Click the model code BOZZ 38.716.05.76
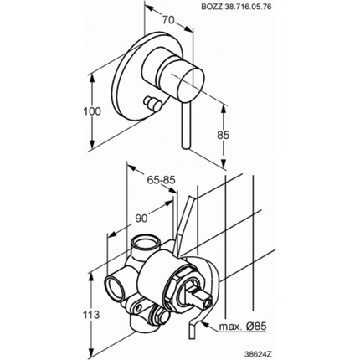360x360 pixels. [x=236, y=7]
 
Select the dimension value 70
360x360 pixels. [x=168, y=20]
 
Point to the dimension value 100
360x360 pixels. [x=92, y=111]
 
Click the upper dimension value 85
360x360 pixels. [x=223, y=135]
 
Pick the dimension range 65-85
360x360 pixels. [x=161, y=180]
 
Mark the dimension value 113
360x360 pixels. [x=91, y=315]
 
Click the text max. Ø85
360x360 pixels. [x=243, y=326]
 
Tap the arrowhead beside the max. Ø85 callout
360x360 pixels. [x=203, y=324]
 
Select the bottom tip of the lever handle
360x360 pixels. [x=186, y=147]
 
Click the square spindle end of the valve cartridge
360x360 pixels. [x=208, y=302]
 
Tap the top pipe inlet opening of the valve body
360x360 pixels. [x=145, y=240]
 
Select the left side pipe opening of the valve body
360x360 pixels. [x=114, y=287]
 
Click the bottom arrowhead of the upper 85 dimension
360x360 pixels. [x=224, y=163]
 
